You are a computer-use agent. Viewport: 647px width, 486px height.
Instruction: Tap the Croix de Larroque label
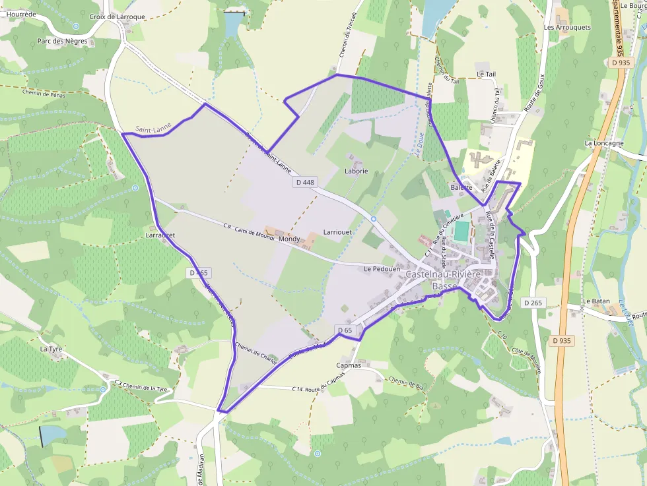(117, 16)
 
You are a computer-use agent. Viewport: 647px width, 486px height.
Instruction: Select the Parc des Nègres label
(62, 41)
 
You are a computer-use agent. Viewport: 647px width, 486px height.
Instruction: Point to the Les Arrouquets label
(567, 28)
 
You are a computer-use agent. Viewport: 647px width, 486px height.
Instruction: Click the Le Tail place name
(485, 74)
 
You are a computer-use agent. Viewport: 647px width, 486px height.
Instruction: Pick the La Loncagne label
(603, 142)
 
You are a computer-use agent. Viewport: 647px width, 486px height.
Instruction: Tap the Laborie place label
(356, 171)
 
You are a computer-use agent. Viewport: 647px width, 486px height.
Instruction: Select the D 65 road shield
(345, 330)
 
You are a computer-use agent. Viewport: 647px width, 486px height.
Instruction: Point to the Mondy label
(289, 239)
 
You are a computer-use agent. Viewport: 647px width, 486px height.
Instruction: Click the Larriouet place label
(337, 232)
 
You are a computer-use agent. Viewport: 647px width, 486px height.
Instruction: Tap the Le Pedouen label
(378, 269)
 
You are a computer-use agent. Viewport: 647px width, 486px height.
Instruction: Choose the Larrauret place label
(160, 234)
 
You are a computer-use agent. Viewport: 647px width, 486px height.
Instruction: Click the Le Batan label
(596, 301)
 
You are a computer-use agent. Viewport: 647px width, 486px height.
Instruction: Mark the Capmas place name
(349, 365)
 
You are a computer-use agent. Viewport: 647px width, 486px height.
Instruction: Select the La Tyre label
(50, 348)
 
